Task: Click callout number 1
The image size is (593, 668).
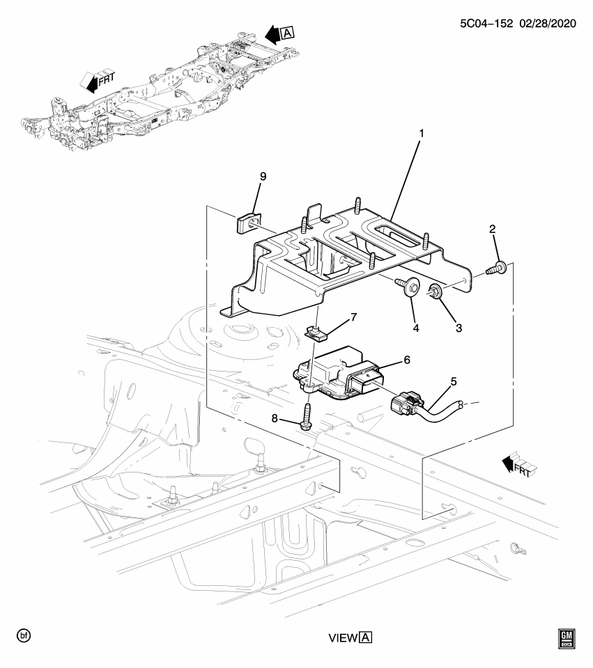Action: click(x=421, y=133)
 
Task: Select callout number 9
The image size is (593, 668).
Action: click(x=263, y=177)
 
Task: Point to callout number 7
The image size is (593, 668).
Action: click(x=353, y=317)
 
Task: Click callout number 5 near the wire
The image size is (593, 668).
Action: click(x=454, y=381)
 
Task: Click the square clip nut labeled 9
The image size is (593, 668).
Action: click(x=245, y=224)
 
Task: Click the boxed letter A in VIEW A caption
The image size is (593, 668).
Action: click(x=367, y=637)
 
